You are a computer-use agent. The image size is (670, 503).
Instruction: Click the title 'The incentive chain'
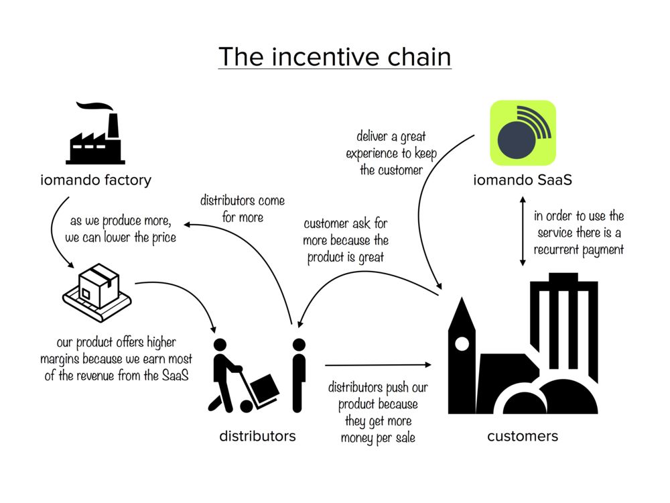(x=334, y=56)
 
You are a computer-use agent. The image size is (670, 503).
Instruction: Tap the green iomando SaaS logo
(x=523, y=133)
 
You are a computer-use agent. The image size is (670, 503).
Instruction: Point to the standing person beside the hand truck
(x=299, y=373)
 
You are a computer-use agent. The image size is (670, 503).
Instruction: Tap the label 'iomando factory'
(x=95, y=180)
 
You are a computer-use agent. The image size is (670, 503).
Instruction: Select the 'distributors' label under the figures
(x=257, y=436)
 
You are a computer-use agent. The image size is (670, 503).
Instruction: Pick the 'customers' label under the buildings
(x=522, y=436)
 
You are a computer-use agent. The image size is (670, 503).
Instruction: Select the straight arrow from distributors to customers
(x=379, y=365)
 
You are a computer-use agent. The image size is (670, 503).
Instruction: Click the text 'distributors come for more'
(x=242, y=209)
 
